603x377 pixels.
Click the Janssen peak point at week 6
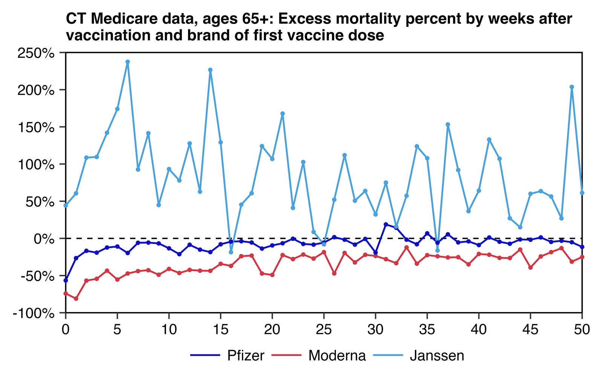[x=128, y=62]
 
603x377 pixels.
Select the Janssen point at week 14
[x=210, y=70]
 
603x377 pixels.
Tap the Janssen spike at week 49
[x=572, y=87]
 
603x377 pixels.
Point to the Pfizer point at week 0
[x=66, y=280]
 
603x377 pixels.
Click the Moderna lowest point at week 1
[x=76, y=299]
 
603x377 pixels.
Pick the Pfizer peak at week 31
[x=386, y=224]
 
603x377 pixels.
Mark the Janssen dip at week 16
[x=231, y=252]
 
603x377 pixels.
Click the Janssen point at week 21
[x=283, y=113]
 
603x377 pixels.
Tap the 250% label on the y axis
[x=36, y=53]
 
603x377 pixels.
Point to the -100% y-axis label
[x=34, y=313]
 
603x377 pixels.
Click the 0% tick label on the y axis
[x=44, y=239]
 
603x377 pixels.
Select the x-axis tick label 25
[x=324, y=330]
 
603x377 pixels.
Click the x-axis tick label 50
[x=582, y=330]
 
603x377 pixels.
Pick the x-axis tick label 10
[x=169, y=330]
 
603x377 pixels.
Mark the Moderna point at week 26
[x=334, y=273]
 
